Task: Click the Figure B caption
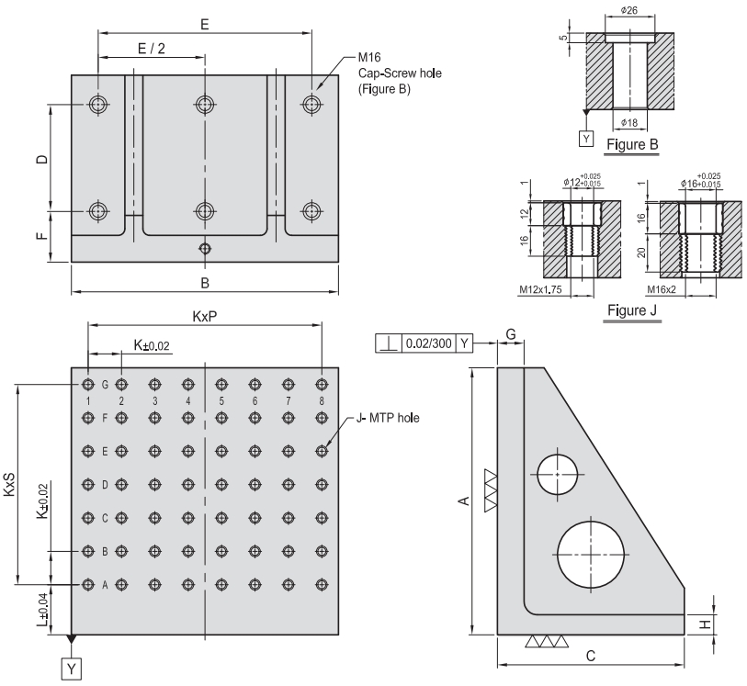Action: click(632, 144)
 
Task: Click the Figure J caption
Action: click(632, 310)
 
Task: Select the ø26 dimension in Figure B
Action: click(628, 10)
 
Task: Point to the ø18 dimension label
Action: click(628, 123)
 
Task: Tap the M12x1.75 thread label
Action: click(540, 289)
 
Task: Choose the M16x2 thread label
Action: click(662, 289)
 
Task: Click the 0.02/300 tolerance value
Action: click(428, 343)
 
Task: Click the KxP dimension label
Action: click(205, 317)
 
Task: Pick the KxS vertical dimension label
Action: click(9, 485)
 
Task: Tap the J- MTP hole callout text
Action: click(388, 418)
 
